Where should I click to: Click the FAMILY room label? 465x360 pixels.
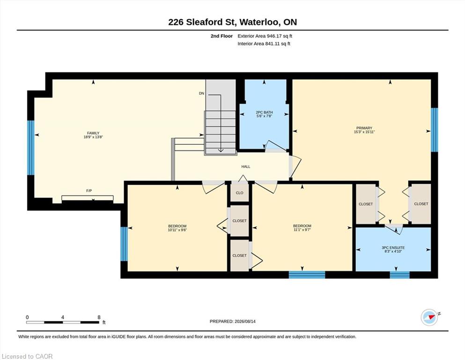pos(93,133)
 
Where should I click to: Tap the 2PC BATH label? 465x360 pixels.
pos(264,112)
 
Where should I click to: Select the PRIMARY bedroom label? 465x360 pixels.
pos(364,128)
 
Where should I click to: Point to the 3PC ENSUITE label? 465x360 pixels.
pos(393,247)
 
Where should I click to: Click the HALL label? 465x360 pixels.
pos(245,166)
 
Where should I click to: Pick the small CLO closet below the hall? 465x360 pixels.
pos(240,193)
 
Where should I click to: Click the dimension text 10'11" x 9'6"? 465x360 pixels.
pos(177,230)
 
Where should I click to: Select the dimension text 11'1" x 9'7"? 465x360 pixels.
pos(302,230)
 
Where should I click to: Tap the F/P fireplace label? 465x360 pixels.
pos(89,191)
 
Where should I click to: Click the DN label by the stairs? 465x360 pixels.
pos(202,93)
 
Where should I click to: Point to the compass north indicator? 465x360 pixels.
pos(430,317)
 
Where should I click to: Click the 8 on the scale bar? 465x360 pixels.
pos(99,317)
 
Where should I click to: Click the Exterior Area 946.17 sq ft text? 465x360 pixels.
pos(265,36)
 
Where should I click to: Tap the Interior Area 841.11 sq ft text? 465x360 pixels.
pos(264,44)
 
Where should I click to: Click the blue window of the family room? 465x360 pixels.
pos(31,148)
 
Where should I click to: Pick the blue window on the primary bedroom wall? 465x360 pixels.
pos(434,130)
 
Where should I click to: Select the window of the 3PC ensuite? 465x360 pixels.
pos(399,275)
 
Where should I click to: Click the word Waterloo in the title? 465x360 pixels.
pos(259,22)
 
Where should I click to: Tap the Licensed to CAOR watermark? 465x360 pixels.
pos(27,356)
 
